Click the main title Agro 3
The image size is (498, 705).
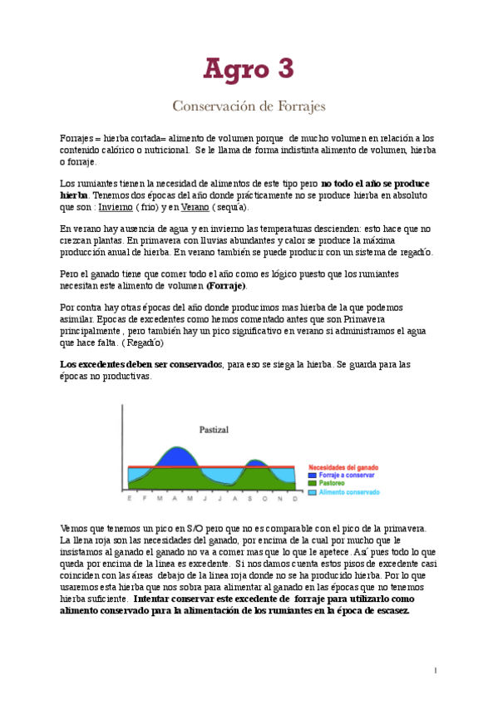click(249, 69)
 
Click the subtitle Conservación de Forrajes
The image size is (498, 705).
click(249, 106)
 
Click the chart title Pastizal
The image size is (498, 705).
click(214, 430)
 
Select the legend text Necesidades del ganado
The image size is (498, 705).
click(343, 467)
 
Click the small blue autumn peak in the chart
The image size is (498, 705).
click(257, 463)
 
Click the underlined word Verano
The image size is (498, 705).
click(195, 207)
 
